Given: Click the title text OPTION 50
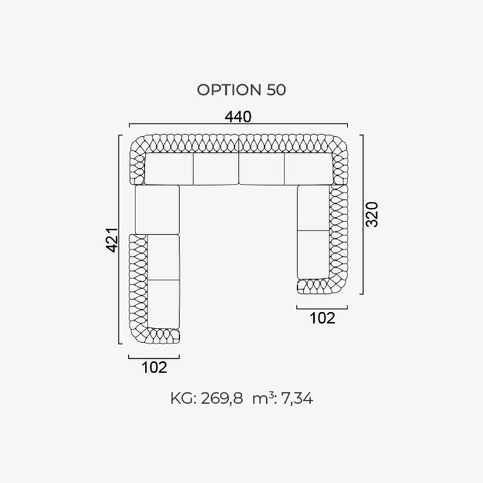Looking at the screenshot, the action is (241, 90).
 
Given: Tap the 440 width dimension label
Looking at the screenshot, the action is (238, 117).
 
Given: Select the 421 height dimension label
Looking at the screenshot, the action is (112, 240).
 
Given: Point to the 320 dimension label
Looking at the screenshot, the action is (372, 215).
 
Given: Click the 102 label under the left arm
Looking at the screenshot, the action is (154, 368).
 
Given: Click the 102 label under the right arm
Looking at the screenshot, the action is (322, 318).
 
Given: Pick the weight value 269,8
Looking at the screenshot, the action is (222, 398).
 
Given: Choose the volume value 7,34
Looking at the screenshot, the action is (297, 398).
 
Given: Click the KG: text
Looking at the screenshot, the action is (184, 398).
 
